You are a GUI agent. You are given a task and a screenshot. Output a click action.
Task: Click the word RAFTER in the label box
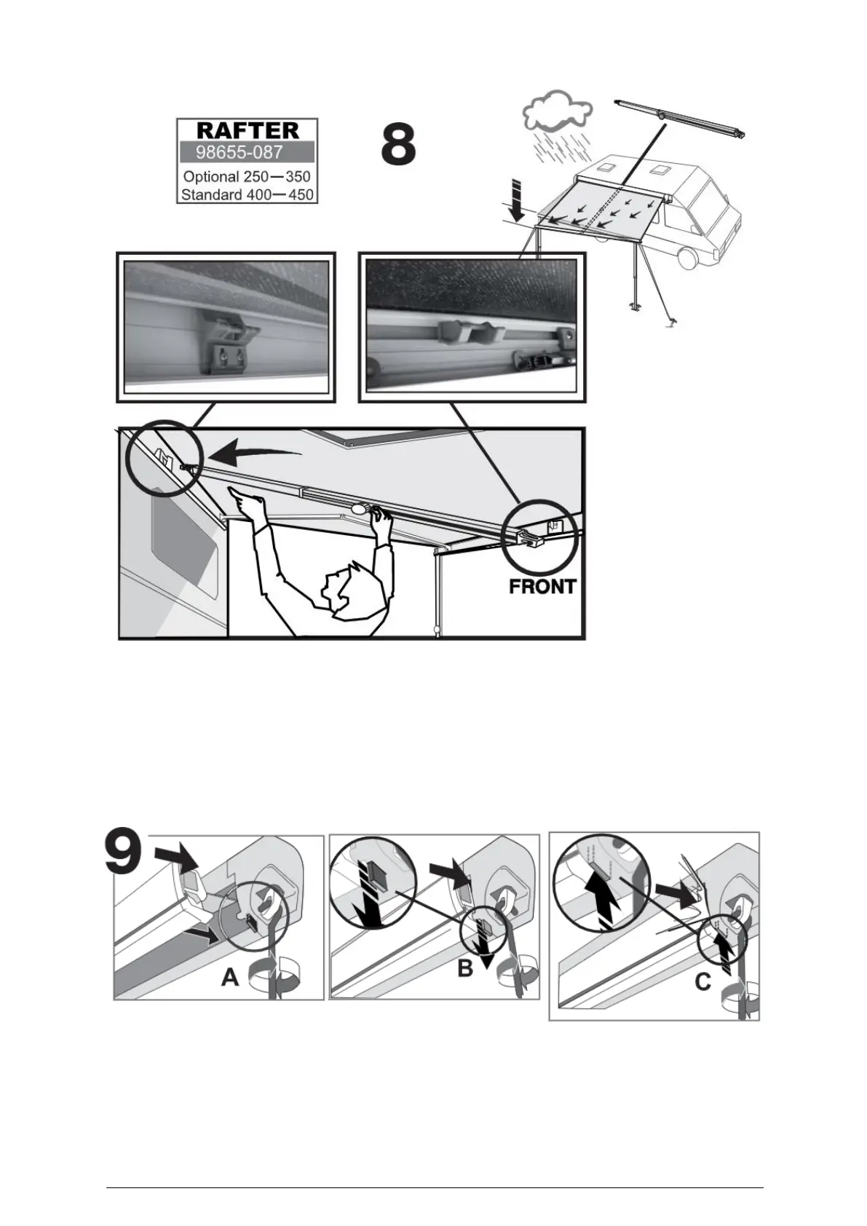pyautogui.click(x=248, y=130)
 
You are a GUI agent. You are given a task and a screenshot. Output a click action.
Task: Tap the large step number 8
pyautogui.click(x=399, y=146)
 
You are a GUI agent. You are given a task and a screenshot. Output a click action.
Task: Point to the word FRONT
pyautogui.click(x=542, y=587)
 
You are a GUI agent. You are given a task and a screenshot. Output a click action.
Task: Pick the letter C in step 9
pyautogui.click(x=702, y=982)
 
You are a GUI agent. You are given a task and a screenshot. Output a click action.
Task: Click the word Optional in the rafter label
pyautogui.click(x=210, y=177)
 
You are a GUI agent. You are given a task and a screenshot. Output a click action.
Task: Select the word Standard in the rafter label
pyautogui.click(x=210, y=194)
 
